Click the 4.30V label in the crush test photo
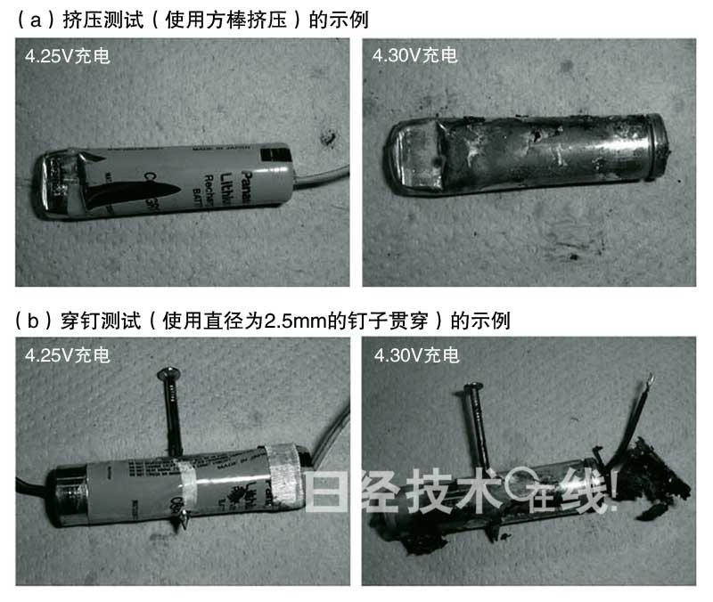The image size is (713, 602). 415,55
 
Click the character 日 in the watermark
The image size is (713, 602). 326,490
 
